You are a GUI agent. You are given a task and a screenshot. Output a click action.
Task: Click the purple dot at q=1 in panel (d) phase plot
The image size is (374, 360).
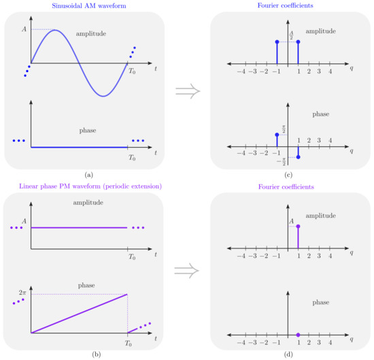tap(298, 334)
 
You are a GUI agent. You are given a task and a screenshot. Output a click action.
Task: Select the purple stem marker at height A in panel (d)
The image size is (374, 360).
tap(298, 226)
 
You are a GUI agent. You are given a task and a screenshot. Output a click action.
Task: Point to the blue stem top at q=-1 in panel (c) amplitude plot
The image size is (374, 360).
tap(277, 42)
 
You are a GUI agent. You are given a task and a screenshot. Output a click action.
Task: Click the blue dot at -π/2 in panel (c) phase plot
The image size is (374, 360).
tap(298, 158)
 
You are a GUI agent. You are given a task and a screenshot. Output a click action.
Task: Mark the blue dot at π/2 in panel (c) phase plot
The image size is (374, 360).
tap(277, 135)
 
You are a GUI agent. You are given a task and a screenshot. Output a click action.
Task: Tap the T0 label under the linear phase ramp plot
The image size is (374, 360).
tap(132, 342)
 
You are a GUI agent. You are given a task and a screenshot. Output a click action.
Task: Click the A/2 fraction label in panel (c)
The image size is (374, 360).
tap(291, 36)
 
